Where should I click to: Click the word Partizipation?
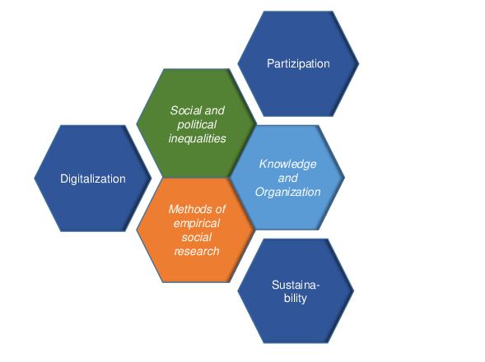tap(298, 63)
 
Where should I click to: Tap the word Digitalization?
tap(93, 179)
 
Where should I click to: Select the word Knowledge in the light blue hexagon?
tap(287, 165)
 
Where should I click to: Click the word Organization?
tap(287, 193)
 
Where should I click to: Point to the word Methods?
tap(190, 209)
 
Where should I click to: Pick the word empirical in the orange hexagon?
tap(197, 224)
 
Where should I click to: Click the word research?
tap(197, 251)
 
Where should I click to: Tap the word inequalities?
tap(197, 138)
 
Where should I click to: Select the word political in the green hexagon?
tap(197, 124)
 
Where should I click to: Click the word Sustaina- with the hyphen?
tap(295, 285)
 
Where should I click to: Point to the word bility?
tap(296, 299)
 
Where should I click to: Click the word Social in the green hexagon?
tap(183, 111)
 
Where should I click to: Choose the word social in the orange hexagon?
tap(197, 238)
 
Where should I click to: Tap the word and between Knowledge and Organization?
tap(288, 179)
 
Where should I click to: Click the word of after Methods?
tap(220, 209)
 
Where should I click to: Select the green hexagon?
tap(197, 123)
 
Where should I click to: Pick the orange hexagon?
tap(196, 230)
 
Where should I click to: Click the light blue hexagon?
tap(287, 178)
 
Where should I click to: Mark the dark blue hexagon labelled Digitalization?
tap(93, 179)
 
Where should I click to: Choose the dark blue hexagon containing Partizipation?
tap(298, 63)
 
